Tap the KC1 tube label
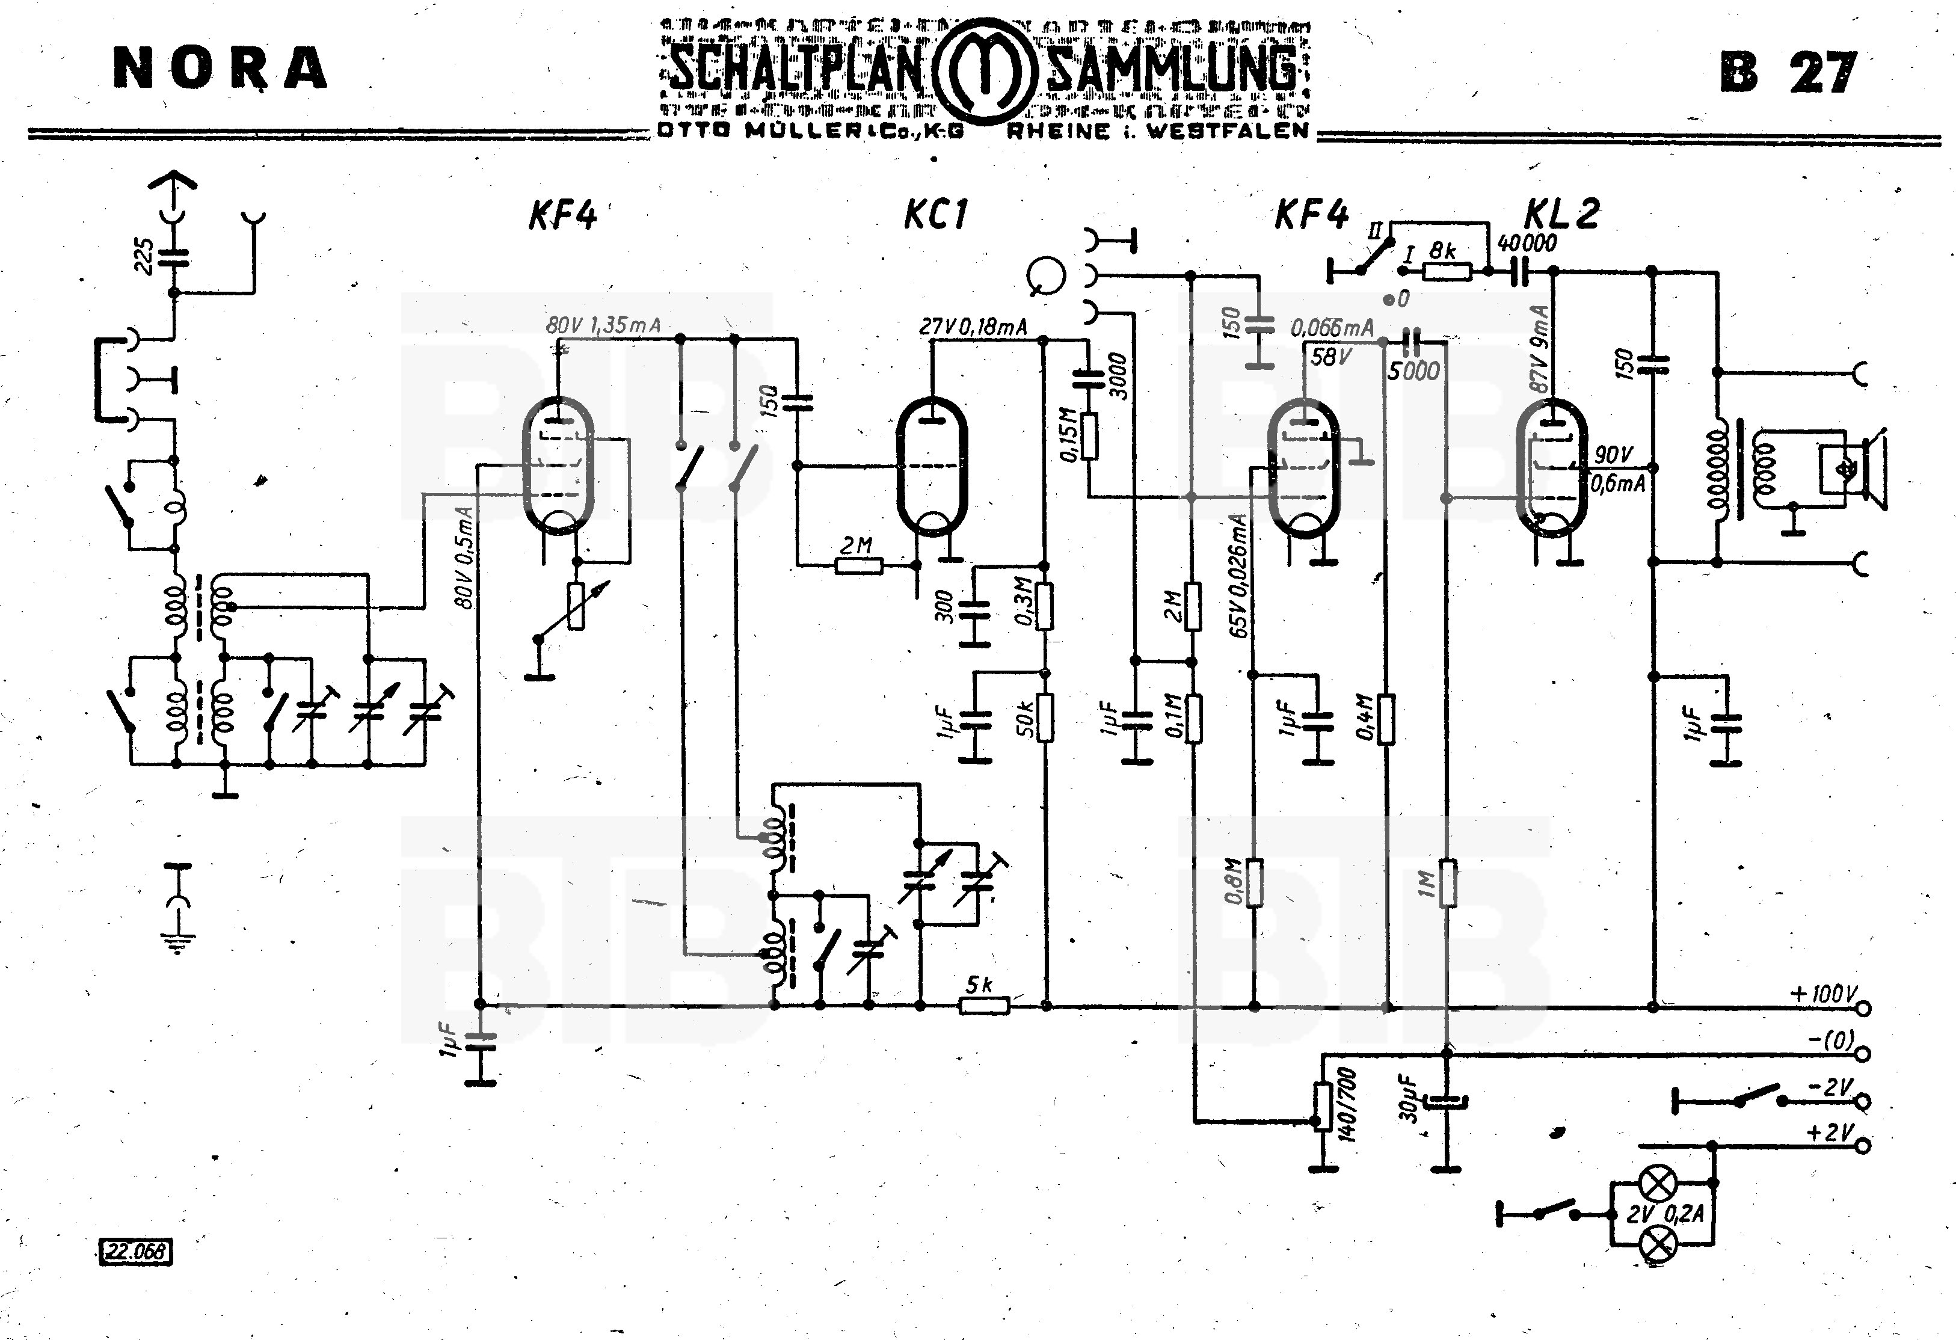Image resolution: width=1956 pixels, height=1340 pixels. pyautogui.click(x=936, y=215)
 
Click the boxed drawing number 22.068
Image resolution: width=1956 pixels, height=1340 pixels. pyautogui.click(x=135, y=1252)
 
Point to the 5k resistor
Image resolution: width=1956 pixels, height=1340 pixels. pyautogui.click(x=984, y=1004)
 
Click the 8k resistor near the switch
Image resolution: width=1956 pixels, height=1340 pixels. pyautogui.click(x=1447, y=271)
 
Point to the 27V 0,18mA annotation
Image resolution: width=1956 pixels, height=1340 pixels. pyautogui.click(x=973, y=327)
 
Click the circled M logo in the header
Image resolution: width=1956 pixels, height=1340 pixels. pyautogui.click(x=985, y=72)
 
